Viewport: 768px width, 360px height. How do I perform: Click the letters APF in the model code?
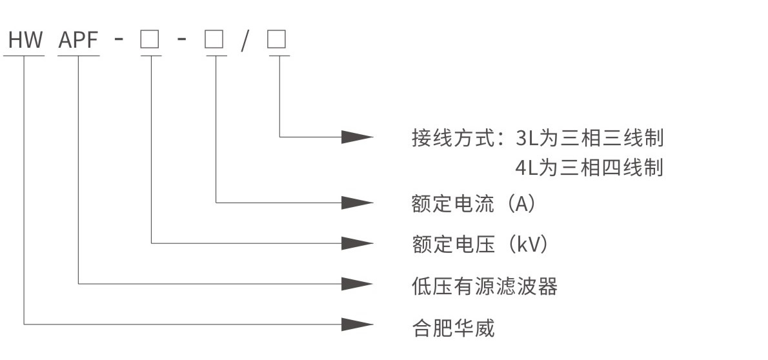click(79, 41)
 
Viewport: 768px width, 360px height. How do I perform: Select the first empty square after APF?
click(150, 41)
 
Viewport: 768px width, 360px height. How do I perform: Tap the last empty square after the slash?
click(278, 41)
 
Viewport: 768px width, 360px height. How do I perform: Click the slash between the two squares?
click(245, 41)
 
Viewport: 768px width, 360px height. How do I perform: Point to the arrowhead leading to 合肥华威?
click(357, 323)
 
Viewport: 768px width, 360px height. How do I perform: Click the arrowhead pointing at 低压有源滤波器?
click(357, 283)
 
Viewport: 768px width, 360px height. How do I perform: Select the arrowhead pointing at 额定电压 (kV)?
click(357, 243)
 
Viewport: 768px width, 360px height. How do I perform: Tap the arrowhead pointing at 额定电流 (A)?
click(357, 202)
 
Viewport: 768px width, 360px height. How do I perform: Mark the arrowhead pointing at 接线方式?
click(357, 136)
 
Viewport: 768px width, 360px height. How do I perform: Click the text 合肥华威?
click(453, 328)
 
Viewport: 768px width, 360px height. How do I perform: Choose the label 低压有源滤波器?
click(484, 286)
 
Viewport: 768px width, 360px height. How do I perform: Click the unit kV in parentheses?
click(527, 245)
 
